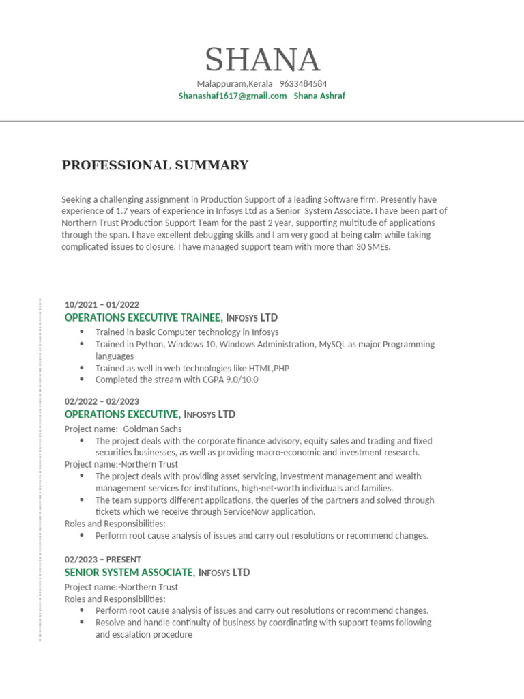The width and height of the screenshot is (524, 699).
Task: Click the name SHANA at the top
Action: tap(262, 60)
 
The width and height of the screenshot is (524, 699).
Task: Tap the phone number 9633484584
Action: tap(303, 84)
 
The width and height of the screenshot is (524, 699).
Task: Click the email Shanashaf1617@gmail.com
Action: tap(233, 96)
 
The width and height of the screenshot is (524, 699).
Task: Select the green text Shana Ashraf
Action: tap(319, 96)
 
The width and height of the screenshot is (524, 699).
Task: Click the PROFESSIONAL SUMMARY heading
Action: tap(155, 165)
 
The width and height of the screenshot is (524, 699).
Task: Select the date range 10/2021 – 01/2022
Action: tap(102, 305)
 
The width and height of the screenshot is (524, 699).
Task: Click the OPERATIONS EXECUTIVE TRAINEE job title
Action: tap(143, 318)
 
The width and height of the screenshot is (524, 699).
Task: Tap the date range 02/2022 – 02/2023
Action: tap(102, 402)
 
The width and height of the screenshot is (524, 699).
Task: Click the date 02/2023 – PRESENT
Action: tap(102, 560)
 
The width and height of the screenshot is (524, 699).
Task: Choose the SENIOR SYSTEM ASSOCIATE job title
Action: tap(130, 573)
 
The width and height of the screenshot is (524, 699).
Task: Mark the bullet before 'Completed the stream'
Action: tap(82, 380)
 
